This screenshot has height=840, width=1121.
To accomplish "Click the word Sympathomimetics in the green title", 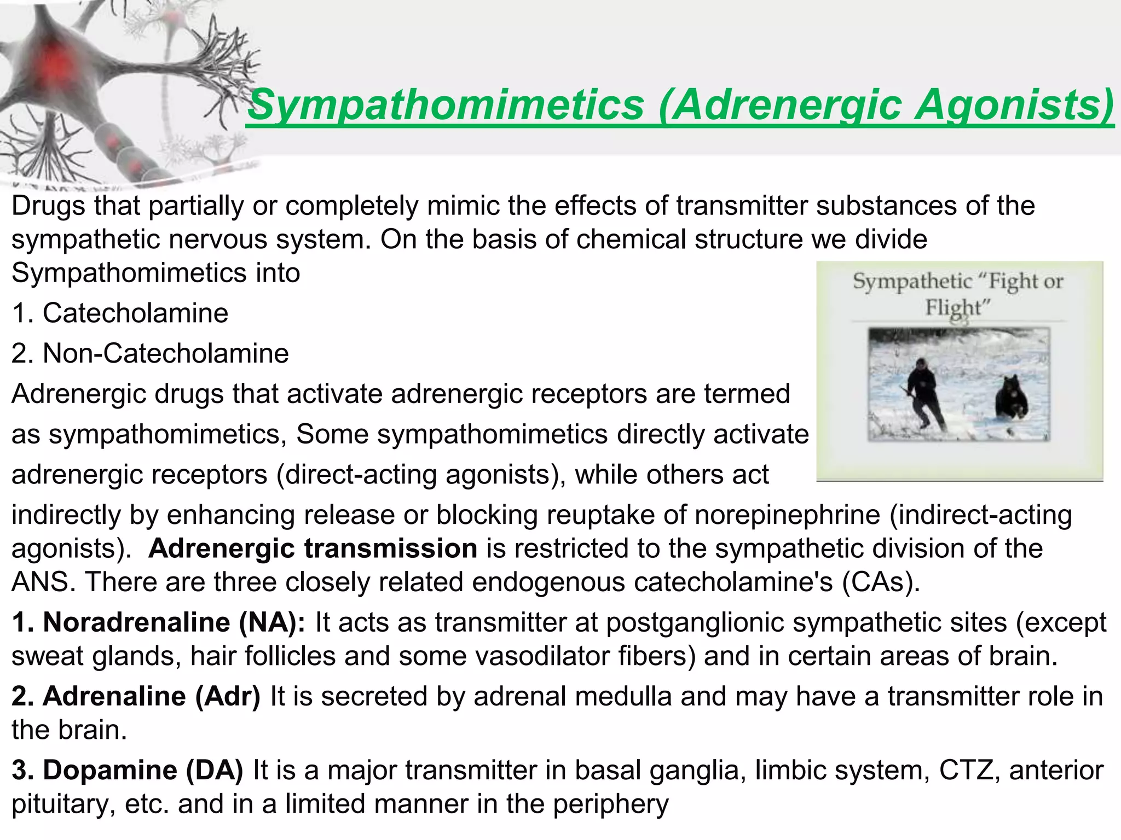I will pyautogui.click(x=446, y=105).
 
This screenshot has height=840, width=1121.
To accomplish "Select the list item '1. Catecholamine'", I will pyautogui.click(x=120, y=313).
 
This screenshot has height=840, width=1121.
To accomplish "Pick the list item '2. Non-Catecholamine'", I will pyautogui.click(x=150, y=353).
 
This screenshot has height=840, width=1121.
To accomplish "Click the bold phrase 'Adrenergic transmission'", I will pyautogui.click(x=313, y=549).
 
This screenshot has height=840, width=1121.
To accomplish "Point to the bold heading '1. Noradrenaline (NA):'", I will pyautogui.click(x=159, y=622).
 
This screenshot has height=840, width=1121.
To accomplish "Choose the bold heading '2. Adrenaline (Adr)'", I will pyautogui.click(x=136, y=696).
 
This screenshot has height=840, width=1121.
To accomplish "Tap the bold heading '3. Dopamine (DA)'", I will pyautogui.click(x=127, y=770).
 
